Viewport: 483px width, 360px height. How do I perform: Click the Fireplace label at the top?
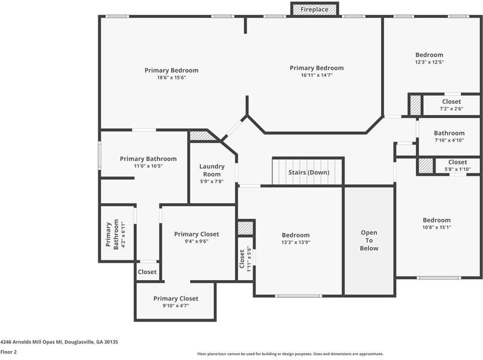(314, 9)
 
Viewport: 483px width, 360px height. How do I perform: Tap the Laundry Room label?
(212, 170)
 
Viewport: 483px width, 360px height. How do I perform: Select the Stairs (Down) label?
(308, 172)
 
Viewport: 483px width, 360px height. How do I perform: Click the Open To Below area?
(369, 240)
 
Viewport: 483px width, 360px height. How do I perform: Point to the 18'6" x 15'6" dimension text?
(172, 77)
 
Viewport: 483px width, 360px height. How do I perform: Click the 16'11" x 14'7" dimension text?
(317, 75)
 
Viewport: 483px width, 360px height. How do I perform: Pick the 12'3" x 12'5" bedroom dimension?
(429, 62)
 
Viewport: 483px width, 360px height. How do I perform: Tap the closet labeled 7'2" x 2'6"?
(451, 105)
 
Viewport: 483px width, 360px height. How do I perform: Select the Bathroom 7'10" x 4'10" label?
(449, 136)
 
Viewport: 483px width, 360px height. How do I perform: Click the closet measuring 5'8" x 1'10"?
(457, 165)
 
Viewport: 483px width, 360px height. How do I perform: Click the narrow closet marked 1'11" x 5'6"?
(245, 259)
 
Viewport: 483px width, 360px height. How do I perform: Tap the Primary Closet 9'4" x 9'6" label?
(197, 238)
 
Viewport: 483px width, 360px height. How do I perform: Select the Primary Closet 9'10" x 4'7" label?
(176, 302)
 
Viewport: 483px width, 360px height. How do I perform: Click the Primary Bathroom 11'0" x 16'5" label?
(148, 162)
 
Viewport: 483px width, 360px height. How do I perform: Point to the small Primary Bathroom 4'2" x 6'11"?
(116, 234)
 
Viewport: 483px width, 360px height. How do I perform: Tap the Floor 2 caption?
(8, 352)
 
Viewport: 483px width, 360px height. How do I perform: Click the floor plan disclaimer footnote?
(290, 354)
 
